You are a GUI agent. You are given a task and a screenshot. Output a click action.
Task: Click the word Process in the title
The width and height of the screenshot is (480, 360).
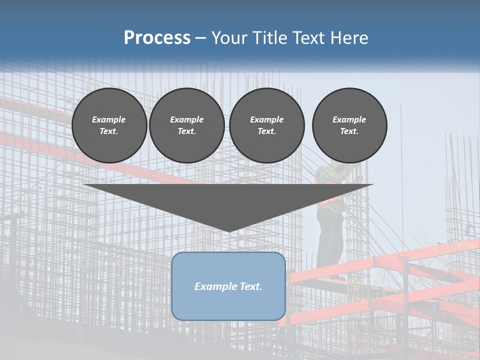pos(157,38)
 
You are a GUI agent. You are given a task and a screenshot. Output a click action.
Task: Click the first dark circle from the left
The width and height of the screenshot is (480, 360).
pos(109,125)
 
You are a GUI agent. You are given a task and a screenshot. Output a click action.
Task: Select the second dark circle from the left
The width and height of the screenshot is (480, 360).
pos(186,125)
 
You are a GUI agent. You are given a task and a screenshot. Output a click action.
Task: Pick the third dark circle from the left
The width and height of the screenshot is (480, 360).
pos(266,125)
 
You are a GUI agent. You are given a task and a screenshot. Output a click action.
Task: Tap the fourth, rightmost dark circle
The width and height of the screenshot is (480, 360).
pos(349,125)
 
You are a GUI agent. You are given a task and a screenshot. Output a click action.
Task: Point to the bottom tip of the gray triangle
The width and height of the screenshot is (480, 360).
pos(229,231)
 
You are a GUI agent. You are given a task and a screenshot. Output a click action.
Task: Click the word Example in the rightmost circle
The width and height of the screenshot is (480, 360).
pos(349,119)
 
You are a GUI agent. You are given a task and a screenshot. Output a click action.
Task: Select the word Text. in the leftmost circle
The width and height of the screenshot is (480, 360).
pos(109,131)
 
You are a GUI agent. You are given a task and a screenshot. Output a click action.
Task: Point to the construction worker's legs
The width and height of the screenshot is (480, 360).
pos(330,240)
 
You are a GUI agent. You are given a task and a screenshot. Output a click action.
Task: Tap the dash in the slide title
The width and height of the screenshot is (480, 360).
pos(201,38)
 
